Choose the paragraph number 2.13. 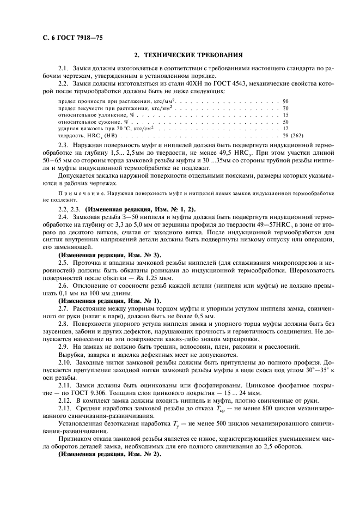65,408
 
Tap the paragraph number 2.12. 65,399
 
